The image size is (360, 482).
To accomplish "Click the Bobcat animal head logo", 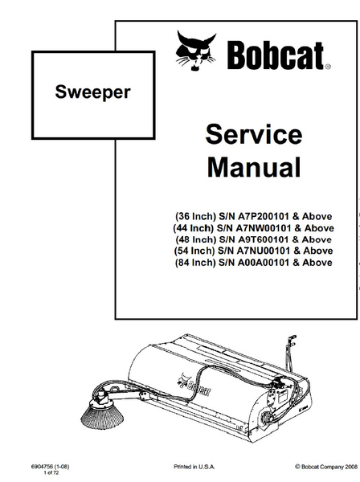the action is coord(195,51).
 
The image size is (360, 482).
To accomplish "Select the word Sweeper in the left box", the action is coord(93,92).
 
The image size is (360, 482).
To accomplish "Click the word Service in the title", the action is coord(254,134).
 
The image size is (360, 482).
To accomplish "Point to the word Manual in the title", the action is coord(254,167).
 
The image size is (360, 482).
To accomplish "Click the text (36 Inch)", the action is coord(196,216).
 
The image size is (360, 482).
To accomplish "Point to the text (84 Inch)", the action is coord(195,263).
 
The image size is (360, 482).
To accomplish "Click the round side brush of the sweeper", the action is coord(102,414).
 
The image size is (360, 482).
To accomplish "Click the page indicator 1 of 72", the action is coord(51,473).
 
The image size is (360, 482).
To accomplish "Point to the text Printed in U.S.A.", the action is coord(194,467).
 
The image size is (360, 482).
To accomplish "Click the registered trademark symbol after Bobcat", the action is coord(328,67).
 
